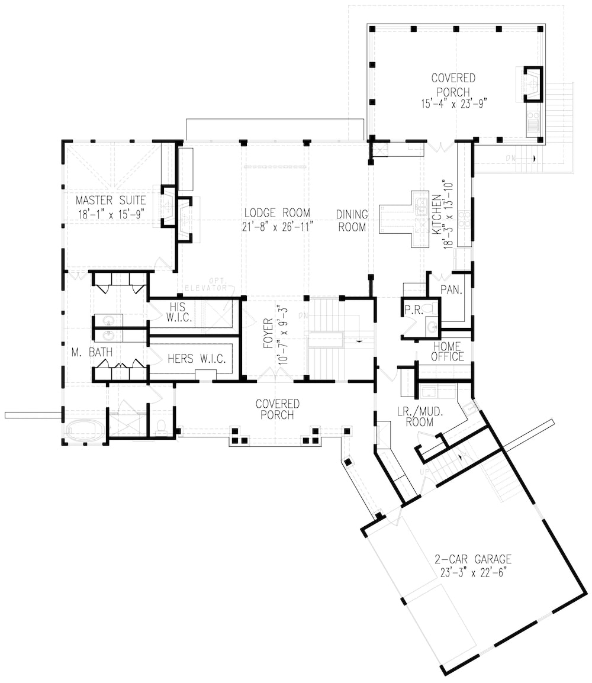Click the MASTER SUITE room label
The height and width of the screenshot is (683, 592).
pos(111,201)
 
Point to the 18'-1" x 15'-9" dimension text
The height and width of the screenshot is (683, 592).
pos(111,214)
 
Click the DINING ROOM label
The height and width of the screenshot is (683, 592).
pos(352,220)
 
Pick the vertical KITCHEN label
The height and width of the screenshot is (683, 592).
pos(436,214)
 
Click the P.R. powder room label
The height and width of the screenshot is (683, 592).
pos(413,310)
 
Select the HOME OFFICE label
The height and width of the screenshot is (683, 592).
pos(449,352)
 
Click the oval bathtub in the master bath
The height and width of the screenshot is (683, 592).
pos(84,429)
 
